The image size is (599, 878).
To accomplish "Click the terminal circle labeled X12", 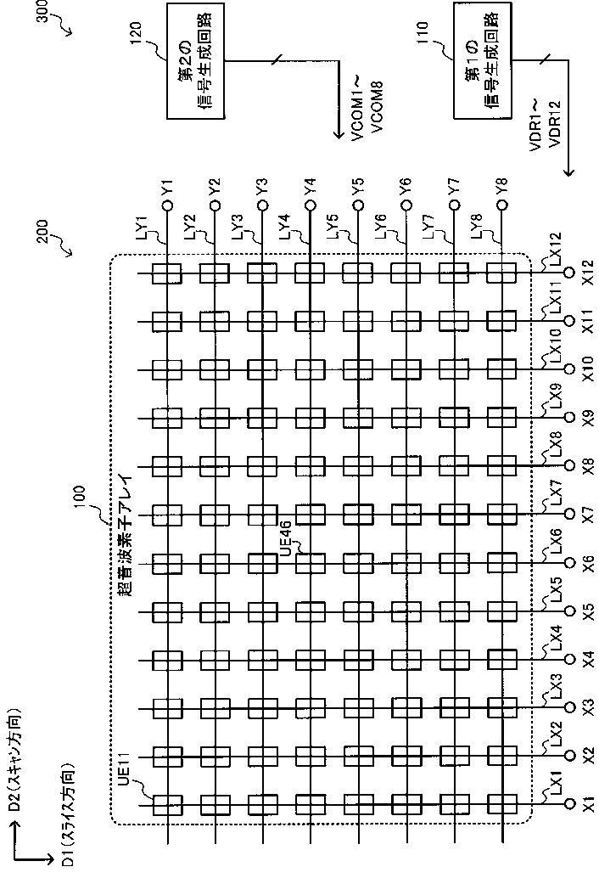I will click(x=570, y=274).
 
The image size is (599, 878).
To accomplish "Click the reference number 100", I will click(x=79, y=494).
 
